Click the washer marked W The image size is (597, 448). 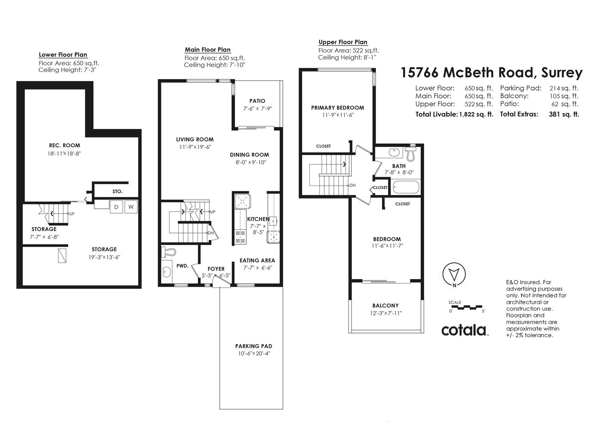[131, 207]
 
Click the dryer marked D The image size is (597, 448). [116, 207]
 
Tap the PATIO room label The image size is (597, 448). [257, 101]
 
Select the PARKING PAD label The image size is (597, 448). [253, 346]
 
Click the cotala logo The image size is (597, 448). [464, 330]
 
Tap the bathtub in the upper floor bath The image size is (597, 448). [406, 187]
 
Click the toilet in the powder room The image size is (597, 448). [168, 252]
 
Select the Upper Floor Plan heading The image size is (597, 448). [343, 42]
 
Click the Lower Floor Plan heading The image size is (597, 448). [63, 55]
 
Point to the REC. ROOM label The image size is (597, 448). [65, 145]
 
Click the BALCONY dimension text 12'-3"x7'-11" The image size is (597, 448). [386, 313]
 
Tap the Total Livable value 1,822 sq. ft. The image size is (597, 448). [475, 115]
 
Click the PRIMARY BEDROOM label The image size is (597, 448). [337, 108]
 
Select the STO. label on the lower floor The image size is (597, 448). [118, 192]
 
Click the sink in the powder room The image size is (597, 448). [167, 272]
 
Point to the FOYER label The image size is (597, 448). [216, 269]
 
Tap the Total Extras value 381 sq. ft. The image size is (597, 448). [563, 115]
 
